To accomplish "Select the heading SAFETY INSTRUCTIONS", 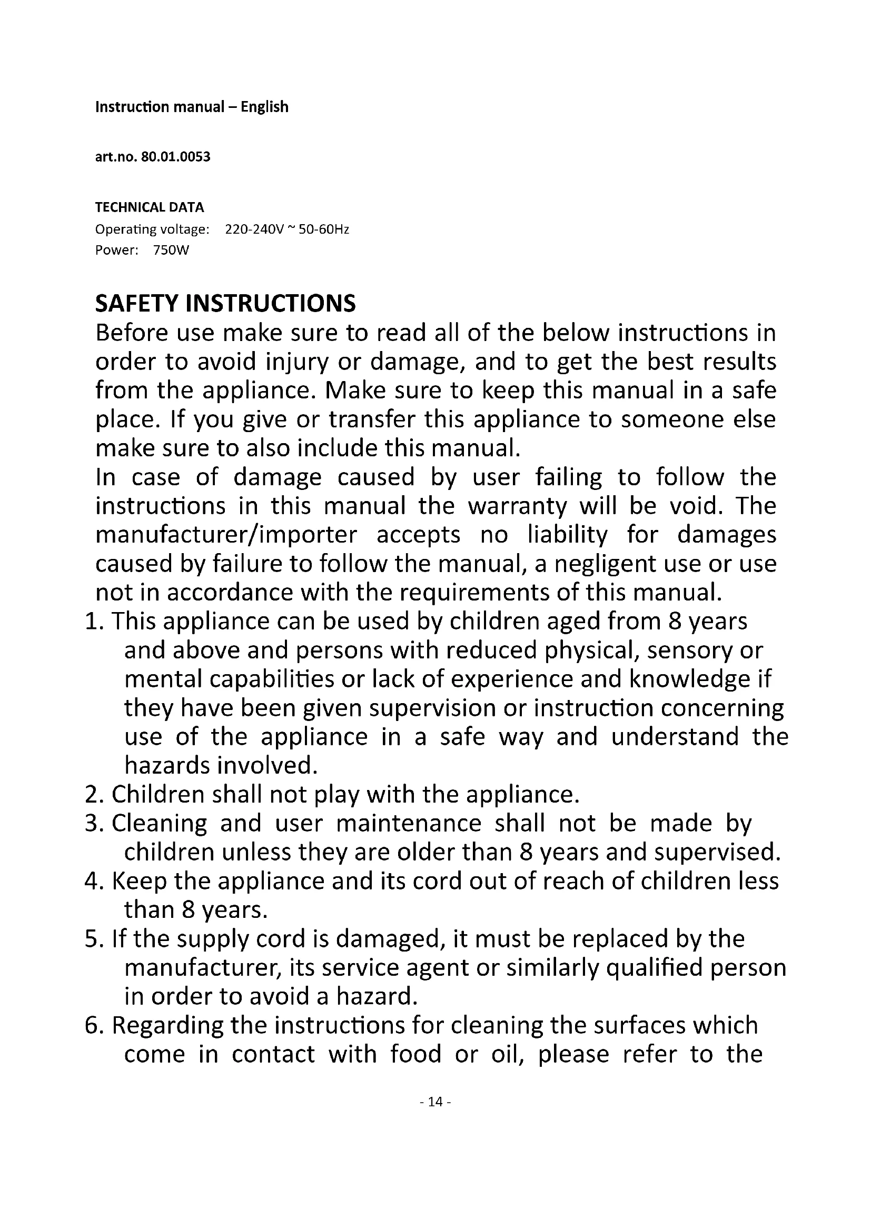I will [x=225, y=304].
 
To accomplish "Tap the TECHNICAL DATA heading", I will [x=150, y=207].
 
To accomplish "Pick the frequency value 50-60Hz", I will [x=324, y=230].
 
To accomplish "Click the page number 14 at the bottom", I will [x=435, y=1101].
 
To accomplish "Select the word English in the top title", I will [x=264, y=107].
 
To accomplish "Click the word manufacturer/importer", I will [x=226, y=535].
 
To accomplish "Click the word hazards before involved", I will [x=166, y=766].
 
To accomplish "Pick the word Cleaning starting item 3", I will [x=159, y=824].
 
